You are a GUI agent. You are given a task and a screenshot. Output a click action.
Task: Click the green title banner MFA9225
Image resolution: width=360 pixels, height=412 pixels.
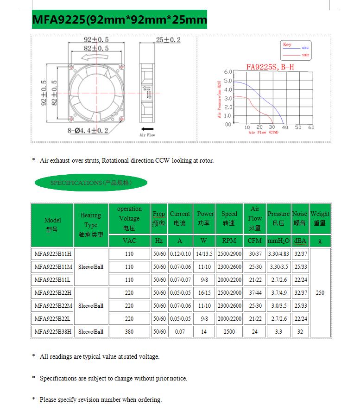tap(119, 20)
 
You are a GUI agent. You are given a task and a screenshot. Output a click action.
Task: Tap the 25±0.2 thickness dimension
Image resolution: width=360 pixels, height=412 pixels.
tap(168, 40)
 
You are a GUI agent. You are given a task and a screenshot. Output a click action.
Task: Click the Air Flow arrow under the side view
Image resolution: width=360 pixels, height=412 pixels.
tap(147, 129)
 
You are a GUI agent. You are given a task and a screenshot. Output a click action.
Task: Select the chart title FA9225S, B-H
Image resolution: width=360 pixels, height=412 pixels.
tap(270, 67)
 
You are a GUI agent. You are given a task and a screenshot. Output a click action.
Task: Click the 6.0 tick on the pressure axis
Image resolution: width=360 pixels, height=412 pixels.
tap(228, 72)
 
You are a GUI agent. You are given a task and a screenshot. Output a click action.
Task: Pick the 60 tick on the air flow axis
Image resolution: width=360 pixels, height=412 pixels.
tap(311, 127)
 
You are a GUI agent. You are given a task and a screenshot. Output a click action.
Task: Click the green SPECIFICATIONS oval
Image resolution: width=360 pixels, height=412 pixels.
tap(91, 183)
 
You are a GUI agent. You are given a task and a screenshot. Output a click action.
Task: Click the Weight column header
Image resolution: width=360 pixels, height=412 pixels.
tap(320, 218)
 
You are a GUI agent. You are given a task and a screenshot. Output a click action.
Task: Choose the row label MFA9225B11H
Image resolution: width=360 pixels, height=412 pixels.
tap(52, 254)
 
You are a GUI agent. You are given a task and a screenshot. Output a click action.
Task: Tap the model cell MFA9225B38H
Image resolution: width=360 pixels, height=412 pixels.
tap(52, 332)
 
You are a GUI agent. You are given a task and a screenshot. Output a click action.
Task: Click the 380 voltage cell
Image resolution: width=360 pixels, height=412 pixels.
tap(129, 332)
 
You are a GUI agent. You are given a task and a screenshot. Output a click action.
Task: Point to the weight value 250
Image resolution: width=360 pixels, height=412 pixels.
tap(320, 293)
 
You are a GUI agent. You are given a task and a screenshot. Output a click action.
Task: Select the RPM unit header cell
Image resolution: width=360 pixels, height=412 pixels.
tap(229, 241)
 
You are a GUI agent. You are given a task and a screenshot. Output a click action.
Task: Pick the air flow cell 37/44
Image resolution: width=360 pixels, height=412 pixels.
tap(255, 293)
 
